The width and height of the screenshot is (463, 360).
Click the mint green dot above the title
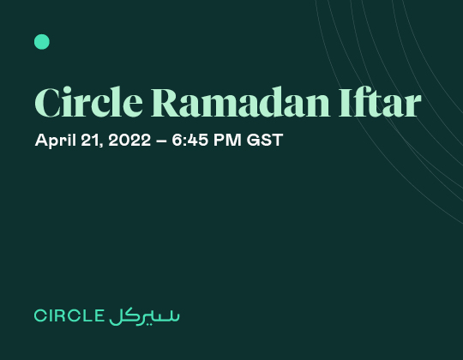[42, 41]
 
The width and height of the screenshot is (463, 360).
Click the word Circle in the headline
[89, 103]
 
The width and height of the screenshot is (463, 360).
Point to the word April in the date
[54, 141]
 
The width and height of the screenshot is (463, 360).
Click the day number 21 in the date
[90, 140]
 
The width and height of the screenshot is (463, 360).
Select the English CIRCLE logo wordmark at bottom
[69, 315]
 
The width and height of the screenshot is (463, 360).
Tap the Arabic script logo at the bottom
[145, 315]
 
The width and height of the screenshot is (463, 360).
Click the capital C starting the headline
[47, 103]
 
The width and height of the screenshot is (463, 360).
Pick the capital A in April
[40, 140]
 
